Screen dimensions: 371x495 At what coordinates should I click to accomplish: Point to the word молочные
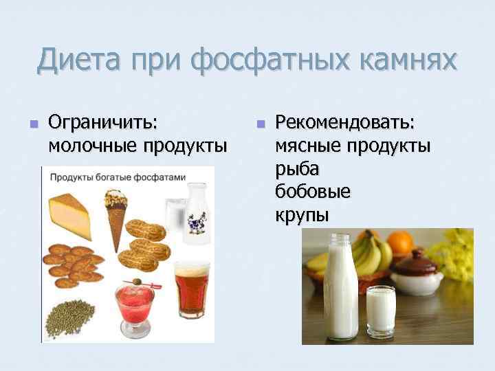93,146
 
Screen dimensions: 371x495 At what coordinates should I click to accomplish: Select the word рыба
297,168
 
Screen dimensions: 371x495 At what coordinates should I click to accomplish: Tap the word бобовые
313,191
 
